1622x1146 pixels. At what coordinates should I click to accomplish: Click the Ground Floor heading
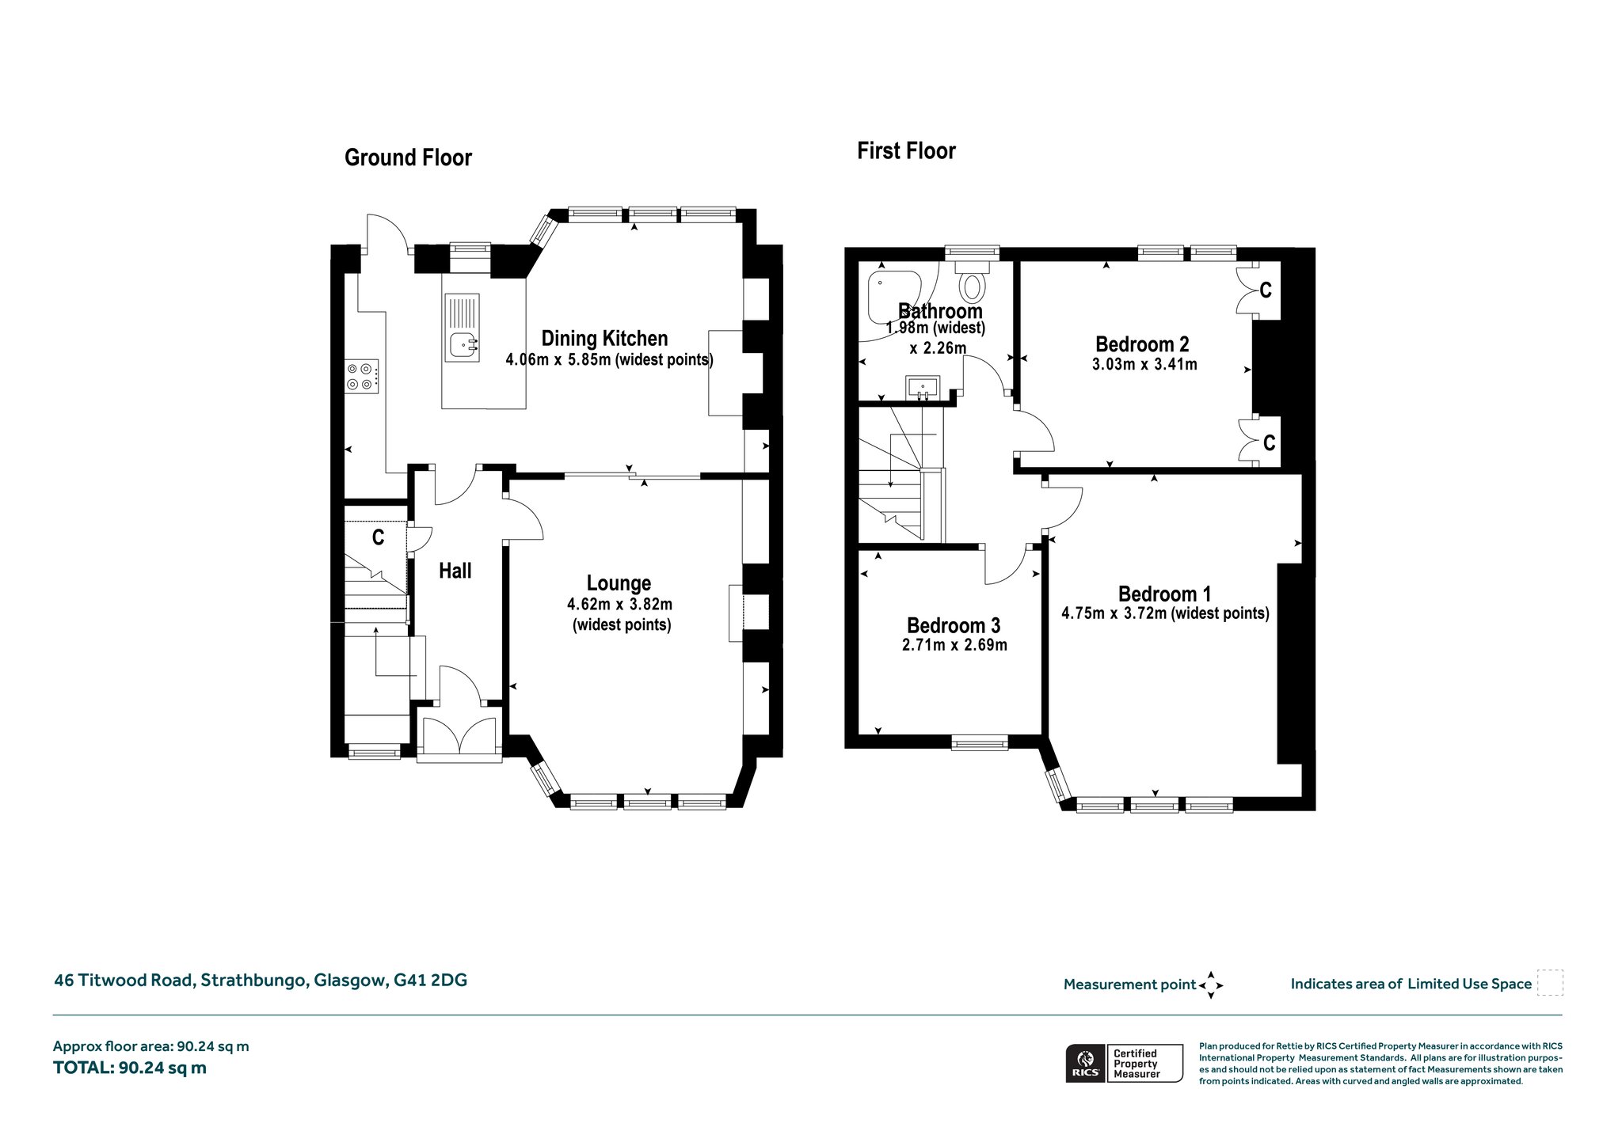(x=408, y=157)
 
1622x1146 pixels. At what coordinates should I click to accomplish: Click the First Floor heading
(x=906, y=150)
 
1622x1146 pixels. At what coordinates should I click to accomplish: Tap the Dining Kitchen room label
(x=604, y=339)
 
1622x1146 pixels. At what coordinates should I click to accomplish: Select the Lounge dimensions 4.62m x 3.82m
(x=619, y=605)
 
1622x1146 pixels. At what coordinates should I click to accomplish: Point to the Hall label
(x=455, y=571)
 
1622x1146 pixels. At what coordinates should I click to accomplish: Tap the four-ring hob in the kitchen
(x=360, y=376)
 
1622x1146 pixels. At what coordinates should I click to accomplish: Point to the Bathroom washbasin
(x=923, y=387)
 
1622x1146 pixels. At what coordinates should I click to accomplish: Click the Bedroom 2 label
(x=1142, y=344)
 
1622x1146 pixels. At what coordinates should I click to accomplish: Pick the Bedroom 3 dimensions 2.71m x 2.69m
(x=954, y=644)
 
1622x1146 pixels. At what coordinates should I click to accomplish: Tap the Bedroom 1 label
(x=1164, y=594)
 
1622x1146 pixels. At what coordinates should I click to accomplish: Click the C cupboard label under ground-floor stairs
(x=379, y=537)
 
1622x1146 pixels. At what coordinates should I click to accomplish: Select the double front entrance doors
(x=459, y=736)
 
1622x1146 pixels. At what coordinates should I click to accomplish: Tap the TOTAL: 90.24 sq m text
(x=130, y=1068)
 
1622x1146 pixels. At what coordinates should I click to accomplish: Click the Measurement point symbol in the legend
(x=1211, y=985)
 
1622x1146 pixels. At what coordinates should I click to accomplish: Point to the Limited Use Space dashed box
(x=1550, y=982)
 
